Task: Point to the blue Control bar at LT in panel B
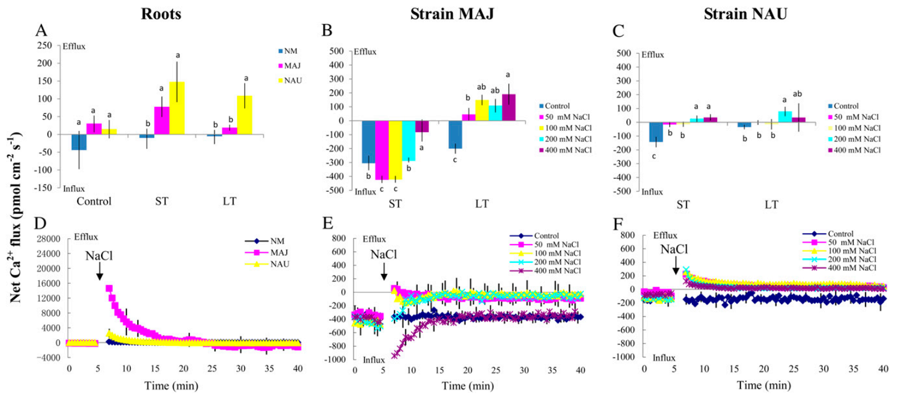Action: click(x=455, y=134)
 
